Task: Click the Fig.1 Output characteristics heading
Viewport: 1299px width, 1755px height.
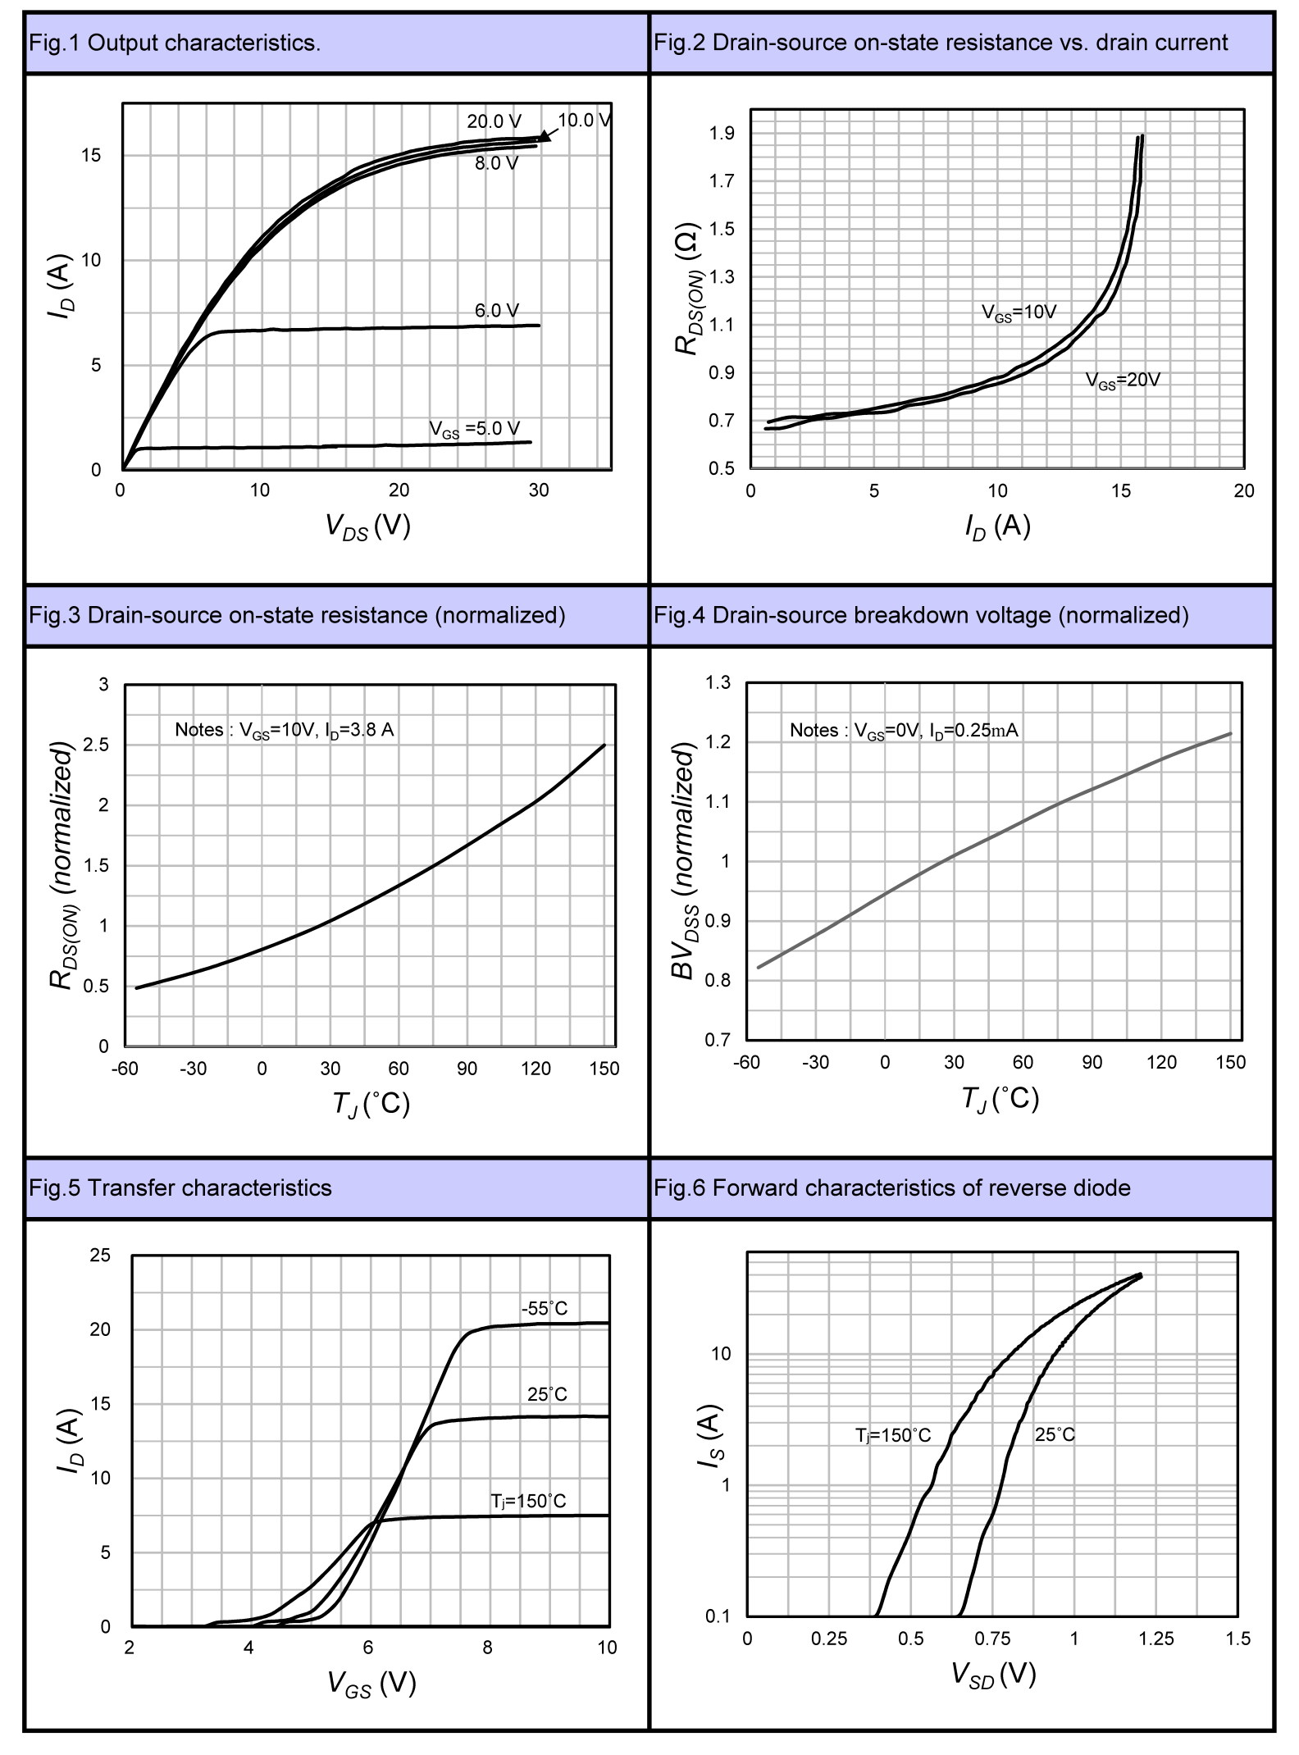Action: [x=174, y=43]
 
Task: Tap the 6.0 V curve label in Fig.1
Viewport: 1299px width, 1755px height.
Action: [x=496, y=311]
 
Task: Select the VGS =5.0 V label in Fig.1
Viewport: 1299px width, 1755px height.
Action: [x=474, y=429]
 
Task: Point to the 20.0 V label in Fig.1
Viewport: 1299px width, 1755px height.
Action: [x=494, y=121]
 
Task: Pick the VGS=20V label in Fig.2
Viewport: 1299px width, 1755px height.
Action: [x=1123, y=381]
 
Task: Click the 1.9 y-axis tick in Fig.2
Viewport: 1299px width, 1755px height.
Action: [x=722, y=133]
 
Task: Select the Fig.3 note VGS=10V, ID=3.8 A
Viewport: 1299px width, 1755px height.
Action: [x=284, y=730]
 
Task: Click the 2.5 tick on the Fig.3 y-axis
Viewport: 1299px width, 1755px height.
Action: [x=98, y=745]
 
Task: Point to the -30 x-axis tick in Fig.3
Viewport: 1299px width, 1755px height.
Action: [x=193, y=1069]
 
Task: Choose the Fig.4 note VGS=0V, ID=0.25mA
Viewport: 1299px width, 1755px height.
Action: [x=903, y=731]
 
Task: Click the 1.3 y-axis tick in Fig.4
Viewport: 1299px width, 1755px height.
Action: [x=718, y=682]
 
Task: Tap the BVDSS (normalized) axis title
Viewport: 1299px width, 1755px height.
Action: [x=684, y=861]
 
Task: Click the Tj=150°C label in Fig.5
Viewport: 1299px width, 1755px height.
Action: [x=528, y=1501]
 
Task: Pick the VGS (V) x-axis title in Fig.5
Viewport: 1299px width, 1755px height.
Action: [x=371, y=1683]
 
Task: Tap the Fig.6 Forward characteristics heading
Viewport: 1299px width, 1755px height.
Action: [x=891, y=1188]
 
